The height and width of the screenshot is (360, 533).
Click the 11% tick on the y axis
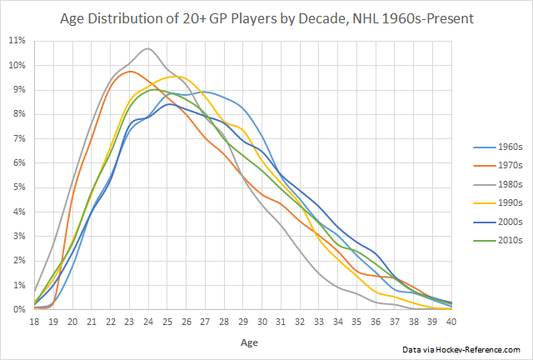pyautogui.click(x=17, y=40)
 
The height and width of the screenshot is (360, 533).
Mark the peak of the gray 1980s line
pyautogui.click(x=148, y=48)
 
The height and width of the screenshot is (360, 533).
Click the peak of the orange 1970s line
pyautogui.click(x=131, y=72)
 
